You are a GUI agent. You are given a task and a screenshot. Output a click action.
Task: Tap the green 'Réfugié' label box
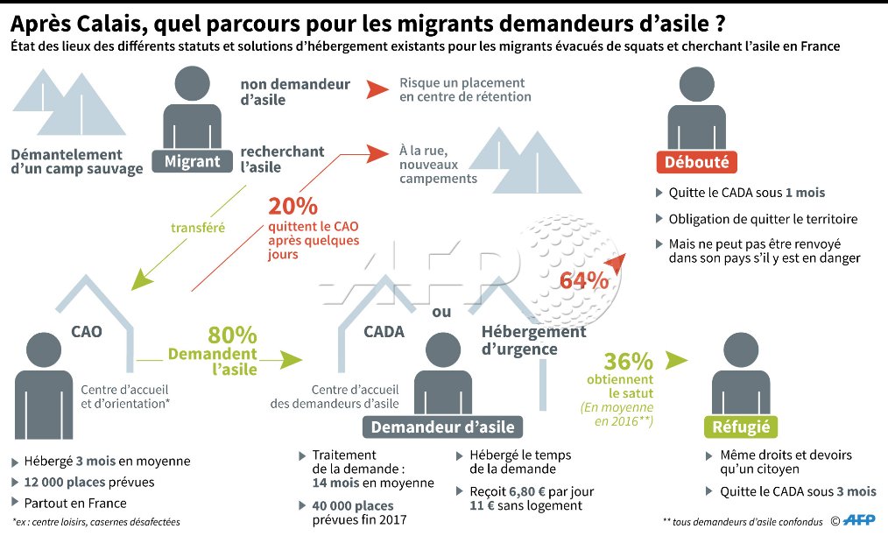click(741, 427)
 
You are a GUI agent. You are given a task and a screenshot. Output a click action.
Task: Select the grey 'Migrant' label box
click(193, 161)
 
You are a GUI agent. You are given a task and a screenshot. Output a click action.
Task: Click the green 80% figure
click(232, 335)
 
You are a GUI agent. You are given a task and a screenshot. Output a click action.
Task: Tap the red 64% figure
click(584, 281)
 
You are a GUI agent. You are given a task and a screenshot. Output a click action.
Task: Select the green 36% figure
click(629, 361)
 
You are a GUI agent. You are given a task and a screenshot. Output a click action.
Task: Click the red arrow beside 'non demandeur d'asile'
click(377, 89)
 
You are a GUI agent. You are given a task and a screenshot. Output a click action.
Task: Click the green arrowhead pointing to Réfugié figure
click(676, 359)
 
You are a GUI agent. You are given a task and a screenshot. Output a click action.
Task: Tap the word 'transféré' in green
click(198, 228)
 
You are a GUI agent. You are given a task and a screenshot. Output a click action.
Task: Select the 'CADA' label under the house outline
click(384, 332)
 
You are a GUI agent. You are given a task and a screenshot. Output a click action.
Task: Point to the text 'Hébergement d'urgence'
click(532, 341)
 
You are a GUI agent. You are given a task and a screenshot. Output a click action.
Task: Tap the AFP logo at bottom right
click(861, 521)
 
